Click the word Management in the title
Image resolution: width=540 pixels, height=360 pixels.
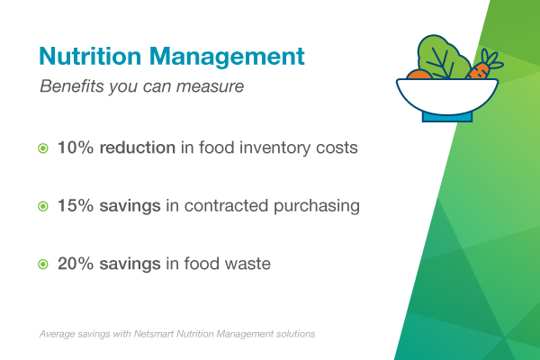pos(226,56)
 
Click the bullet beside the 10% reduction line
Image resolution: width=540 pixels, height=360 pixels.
pos(43,148)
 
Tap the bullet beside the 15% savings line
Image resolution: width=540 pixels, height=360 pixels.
pos(43,207)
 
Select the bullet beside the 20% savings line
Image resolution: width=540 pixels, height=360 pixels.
pos(43,265)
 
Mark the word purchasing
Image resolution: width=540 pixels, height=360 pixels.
pos(316,206)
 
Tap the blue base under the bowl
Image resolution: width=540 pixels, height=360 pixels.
pos(447,114)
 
